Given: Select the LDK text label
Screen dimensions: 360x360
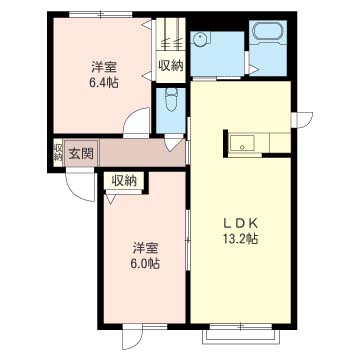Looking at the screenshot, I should point(240,223).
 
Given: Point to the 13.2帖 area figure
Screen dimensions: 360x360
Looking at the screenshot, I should point(240,239).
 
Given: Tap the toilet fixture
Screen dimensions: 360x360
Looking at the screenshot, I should point(171,102).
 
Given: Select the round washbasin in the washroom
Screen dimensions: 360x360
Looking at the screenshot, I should point(202,40).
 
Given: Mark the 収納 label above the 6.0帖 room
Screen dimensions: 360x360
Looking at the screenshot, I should point(124,180).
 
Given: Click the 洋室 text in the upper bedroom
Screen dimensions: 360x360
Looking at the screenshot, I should point(103,66).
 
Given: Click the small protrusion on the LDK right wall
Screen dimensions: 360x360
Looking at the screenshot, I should point(297,121).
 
